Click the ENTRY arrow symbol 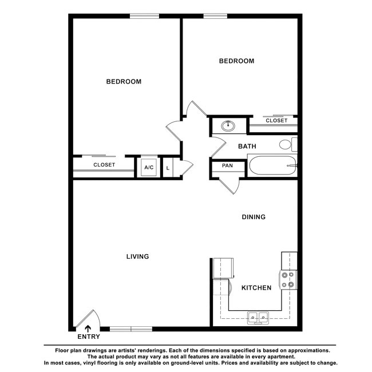click(x=88, y=328)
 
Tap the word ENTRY click(x=88, y=337)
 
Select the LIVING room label click(x=137, y=256)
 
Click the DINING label click(x=254, y=217)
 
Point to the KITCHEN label click(x=256, y=288)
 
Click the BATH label click(x=247, y=147)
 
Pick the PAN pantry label click(x=227, y=166)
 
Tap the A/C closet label click(x=149, y=168)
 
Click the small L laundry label click(x=168, y=168)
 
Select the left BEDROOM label click(x=124, y=82)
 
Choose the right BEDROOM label click(x=237, y=61)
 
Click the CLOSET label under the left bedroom click(x=104, y=165)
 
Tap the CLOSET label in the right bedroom click(x=276, y=121)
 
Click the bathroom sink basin click(x=229, y=125)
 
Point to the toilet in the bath click(x=288, y=144)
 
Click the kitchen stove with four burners click(x=288, y=280)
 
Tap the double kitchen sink click(x=259, y=316)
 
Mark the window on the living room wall click(x=131, y=329)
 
